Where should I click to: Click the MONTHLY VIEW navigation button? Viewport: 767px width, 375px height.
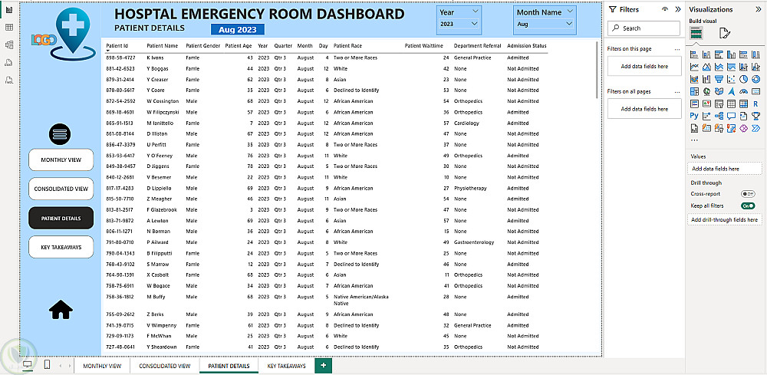[61, 160]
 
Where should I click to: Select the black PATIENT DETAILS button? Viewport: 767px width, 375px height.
[61, 218]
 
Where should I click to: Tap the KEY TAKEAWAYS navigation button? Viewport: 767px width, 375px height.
[61, 246]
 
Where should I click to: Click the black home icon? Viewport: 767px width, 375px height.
[61, 309]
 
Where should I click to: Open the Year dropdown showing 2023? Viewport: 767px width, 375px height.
[459, 24]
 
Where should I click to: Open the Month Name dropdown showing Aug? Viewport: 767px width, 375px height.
[545, 24]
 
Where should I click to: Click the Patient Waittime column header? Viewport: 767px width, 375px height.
[423, 45]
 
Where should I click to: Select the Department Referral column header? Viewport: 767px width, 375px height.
[477, 45]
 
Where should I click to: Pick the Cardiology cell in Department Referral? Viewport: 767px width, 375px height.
[466, 123]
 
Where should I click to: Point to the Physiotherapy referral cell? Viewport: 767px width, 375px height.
[470, 188]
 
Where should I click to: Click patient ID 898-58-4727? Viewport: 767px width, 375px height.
[120, 58]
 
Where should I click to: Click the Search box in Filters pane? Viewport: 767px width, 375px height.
[644, 28]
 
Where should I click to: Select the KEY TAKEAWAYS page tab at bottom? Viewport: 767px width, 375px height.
[286, 366]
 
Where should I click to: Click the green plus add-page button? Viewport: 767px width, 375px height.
[323, 366]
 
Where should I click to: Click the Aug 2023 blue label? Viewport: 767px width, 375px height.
[237, 29]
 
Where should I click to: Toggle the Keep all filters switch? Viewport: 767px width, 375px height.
[747, 206]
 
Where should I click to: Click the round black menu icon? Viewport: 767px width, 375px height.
[61, 133]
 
